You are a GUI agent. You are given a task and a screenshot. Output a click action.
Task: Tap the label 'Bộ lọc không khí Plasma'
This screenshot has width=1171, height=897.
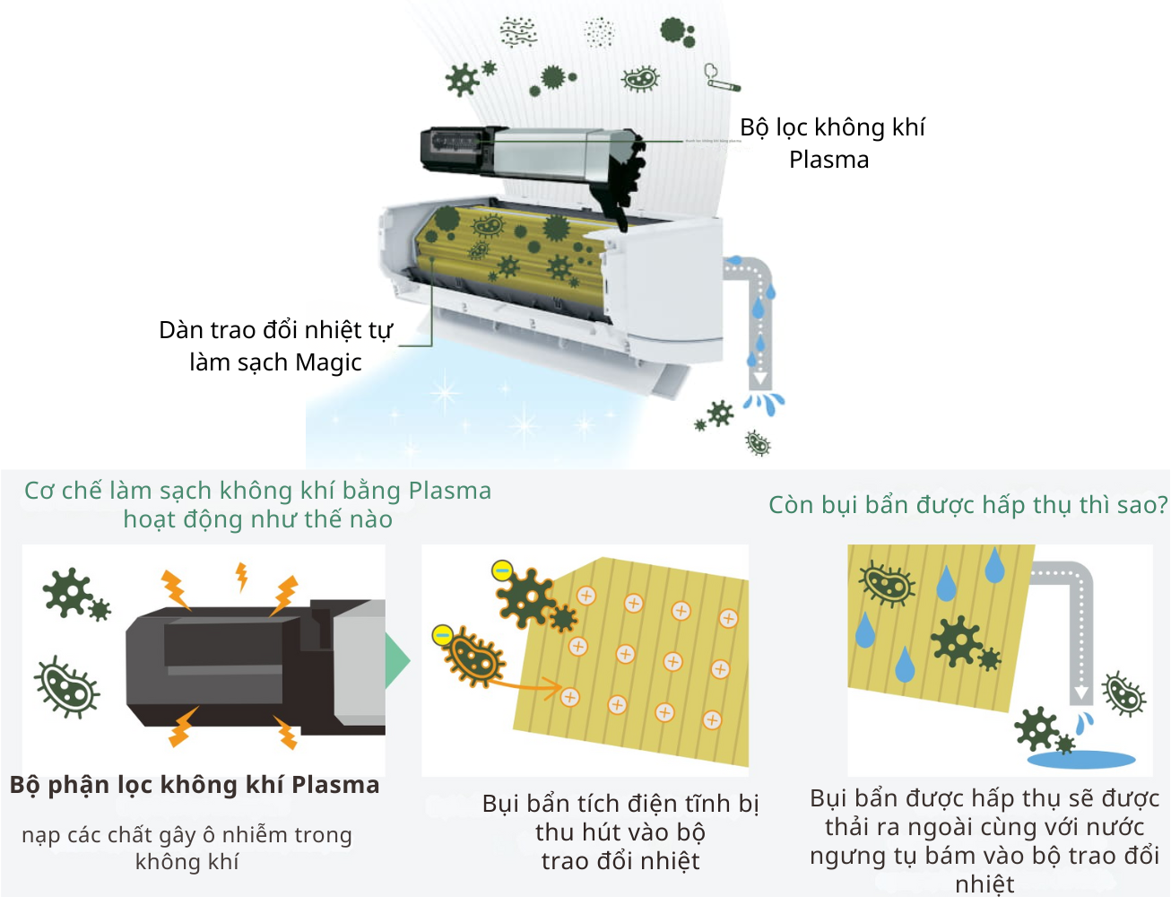pyautogui.click(x=831, y=144)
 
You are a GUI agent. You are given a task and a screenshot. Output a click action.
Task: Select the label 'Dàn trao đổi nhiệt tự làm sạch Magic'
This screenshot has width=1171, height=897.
pyautogui.click(x=275, y=346)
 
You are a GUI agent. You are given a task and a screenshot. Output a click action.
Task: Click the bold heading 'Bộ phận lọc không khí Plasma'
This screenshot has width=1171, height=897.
pyautogui.click(x=195, y=785)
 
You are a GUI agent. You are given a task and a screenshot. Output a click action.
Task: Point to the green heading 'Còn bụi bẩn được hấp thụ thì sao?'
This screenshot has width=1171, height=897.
pyautogui.click(x=967, y=505)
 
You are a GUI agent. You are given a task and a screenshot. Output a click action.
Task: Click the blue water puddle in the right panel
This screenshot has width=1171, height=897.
pyautogui.click(x=1080, y=760)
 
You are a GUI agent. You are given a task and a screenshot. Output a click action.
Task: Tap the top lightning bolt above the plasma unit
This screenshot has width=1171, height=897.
pyautogui.click(x=241, y=576)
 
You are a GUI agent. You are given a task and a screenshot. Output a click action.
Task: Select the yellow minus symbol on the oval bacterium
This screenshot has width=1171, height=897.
pyautogui.click(x=442, y=635)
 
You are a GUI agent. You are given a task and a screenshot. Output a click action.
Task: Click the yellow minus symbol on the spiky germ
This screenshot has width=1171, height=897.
pyautogui.click(x=502, y=570)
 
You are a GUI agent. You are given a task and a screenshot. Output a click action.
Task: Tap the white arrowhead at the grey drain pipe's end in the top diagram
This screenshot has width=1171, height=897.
pyautogui.click(x=759, y=378)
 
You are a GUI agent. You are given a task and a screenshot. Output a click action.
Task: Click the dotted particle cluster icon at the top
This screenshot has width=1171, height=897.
pyautogui.click(x=599, y=32)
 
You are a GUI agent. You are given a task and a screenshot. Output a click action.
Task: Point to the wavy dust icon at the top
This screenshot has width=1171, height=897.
pyautogui.click(x=518, y=32)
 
